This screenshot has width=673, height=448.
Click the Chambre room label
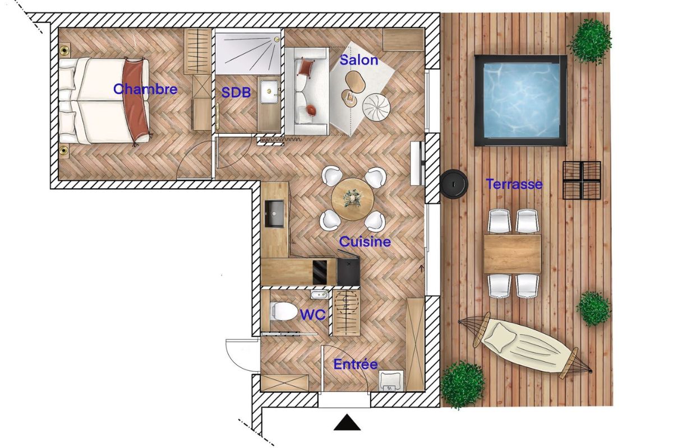tap(145, 89)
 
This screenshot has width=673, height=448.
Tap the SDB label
tap(236, 93)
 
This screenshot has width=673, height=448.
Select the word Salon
tap(359, 60)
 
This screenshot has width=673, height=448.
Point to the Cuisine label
tap(365, 242)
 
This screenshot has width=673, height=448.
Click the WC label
tap(312, 315)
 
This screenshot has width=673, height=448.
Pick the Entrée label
tap(356, 364)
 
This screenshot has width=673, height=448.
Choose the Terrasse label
tap(514, 184)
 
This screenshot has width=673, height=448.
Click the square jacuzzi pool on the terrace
tap(520, 100)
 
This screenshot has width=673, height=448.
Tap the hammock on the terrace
tap(526, 343)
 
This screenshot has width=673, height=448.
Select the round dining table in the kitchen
tap(352, 200)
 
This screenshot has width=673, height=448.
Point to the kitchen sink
tap(275, 213)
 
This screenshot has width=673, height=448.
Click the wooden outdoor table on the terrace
tap(512, 254)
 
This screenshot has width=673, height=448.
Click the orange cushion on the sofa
tap(305, 68)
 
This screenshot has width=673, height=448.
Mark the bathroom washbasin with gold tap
tap(269, 91)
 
